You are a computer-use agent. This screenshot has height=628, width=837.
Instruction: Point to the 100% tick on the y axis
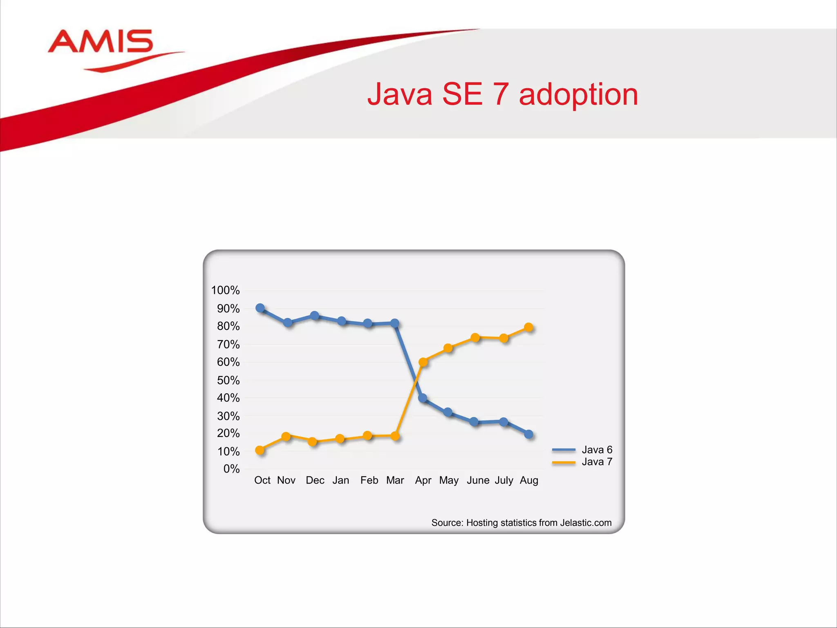225,290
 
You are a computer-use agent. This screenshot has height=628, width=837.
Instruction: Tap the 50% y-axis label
228,380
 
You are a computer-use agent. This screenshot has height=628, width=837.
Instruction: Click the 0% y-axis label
231,469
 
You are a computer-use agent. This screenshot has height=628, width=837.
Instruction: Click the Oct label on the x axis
262,480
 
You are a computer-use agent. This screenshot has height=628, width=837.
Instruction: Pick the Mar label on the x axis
395,480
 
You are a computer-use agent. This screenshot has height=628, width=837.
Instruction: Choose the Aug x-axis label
529,480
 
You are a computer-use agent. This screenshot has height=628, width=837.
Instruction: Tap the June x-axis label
478,480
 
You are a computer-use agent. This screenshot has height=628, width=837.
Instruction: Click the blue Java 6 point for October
260,308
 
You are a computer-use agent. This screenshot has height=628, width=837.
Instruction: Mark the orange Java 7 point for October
260,450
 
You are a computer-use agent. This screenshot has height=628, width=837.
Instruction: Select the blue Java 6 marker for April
423,398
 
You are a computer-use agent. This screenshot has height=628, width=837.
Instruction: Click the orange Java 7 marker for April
423,362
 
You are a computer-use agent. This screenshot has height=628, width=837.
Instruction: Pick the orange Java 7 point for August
528,327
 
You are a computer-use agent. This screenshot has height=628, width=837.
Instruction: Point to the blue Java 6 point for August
528,434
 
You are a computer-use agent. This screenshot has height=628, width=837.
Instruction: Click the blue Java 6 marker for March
395,323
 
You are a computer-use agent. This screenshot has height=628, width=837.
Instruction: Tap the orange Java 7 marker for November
286,436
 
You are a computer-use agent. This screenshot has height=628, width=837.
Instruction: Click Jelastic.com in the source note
586,523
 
